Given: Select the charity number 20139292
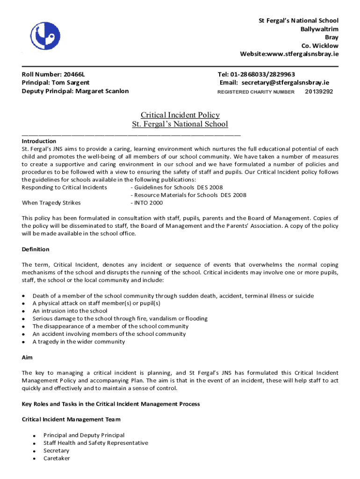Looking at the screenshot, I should [319, 92].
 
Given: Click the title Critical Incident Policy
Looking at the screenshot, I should [180, 115].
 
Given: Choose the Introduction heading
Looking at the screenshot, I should [39, 141].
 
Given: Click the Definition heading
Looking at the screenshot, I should [36, 249].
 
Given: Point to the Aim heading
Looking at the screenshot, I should [27, 357].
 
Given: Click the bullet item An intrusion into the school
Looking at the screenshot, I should [70, 311].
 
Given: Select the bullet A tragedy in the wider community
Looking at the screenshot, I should [79, 342].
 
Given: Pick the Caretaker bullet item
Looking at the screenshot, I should [57, 458].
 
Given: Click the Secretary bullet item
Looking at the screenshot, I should [56, 451].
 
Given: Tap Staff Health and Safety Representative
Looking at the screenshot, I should [95, 443].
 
